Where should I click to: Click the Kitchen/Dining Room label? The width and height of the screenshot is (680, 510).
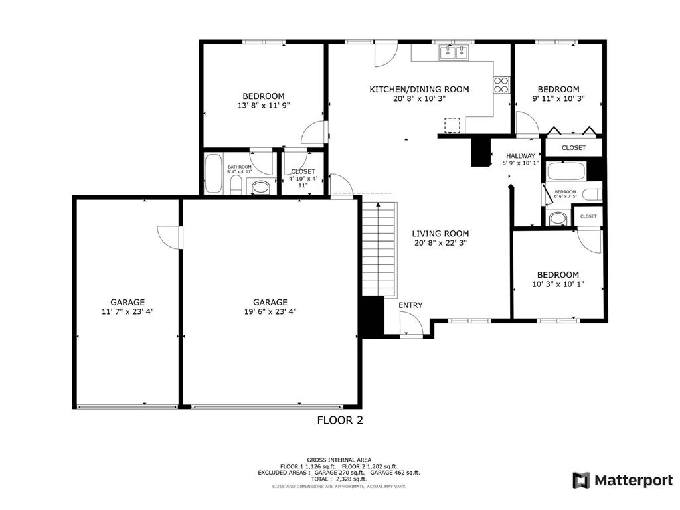tap(419, 89)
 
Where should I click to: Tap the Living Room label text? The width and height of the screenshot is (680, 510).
tap(440, 234)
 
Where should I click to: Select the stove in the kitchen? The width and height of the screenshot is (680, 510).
tap(501, 84)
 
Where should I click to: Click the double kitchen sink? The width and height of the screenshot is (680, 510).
tap(454, 53)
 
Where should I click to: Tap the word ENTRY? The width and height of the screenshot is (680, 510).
tap(410, 305)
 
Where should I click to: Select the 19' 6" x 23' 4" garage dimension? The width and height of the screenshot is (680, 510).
tap(270, 311)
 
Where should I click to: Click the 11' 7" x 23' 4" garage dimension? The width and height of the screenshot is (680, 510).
tap(127, 311)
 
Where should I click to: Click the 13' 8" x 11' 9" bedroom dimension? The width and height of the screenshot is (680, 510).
tap(264, 106)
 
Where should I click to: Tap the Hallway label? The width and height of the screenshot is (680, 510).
tap(521, 156)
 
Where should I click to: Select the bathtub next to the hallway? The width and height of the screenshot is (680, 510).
tap(566, 171)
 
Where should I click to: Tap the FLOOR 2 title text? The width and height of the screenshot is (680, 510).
tap(340, 420)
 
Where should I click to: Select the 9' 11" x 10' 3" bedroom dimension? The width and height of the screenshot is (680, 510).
tap(558, 99)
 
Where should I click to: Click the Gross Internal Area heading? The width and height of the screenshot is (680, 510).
tap(339, 460)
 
